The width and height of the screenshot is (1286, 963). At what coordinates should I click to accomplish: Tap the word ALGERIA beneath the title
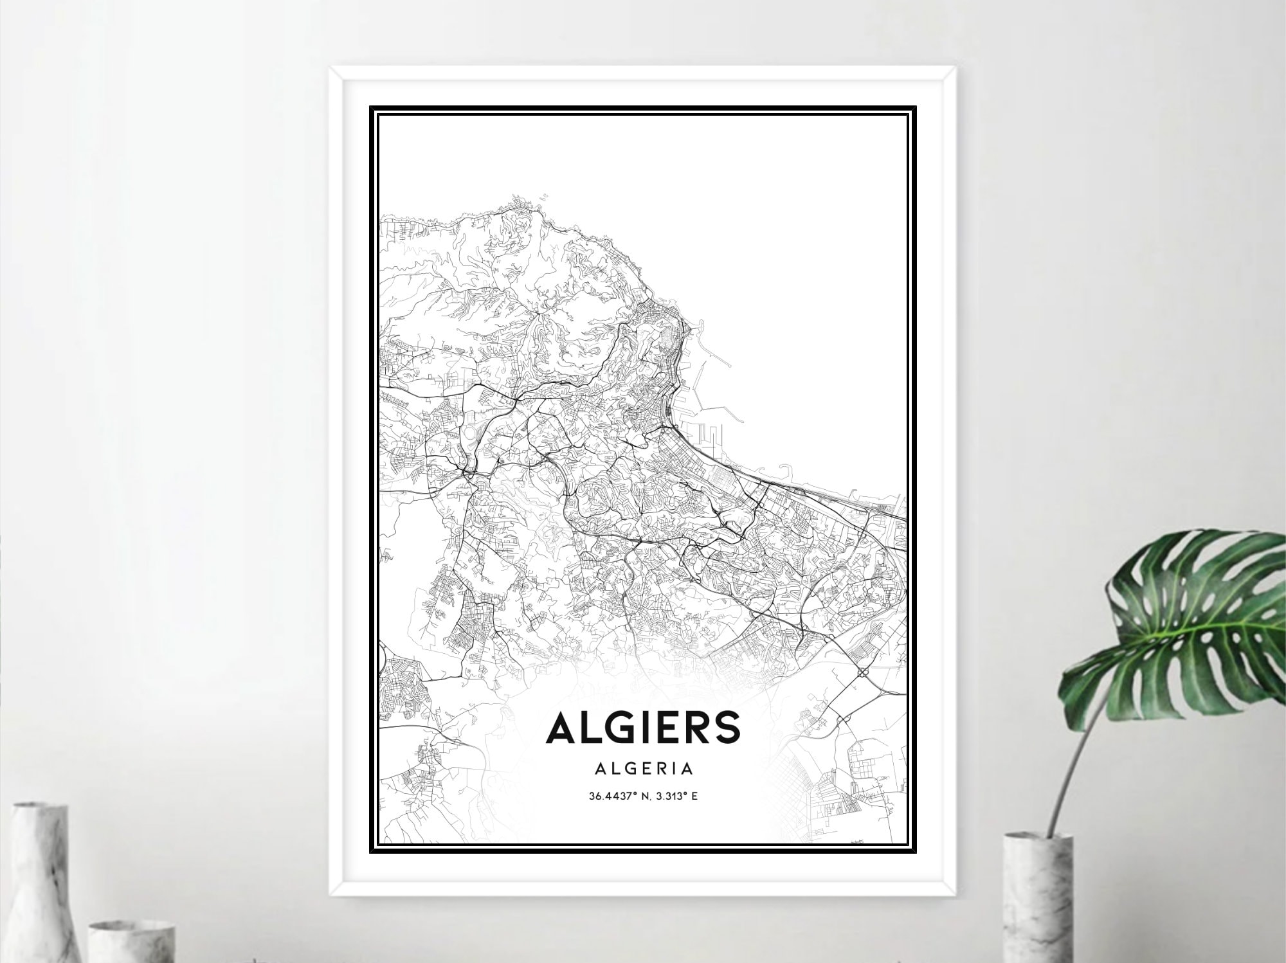coord(644,768)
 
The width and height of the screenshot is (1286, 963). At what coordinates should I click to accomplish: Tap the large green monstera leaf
coord(1196,617)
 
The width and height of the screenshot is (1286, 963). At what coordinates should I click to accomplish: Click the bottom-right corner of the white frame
coord(956,895)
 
